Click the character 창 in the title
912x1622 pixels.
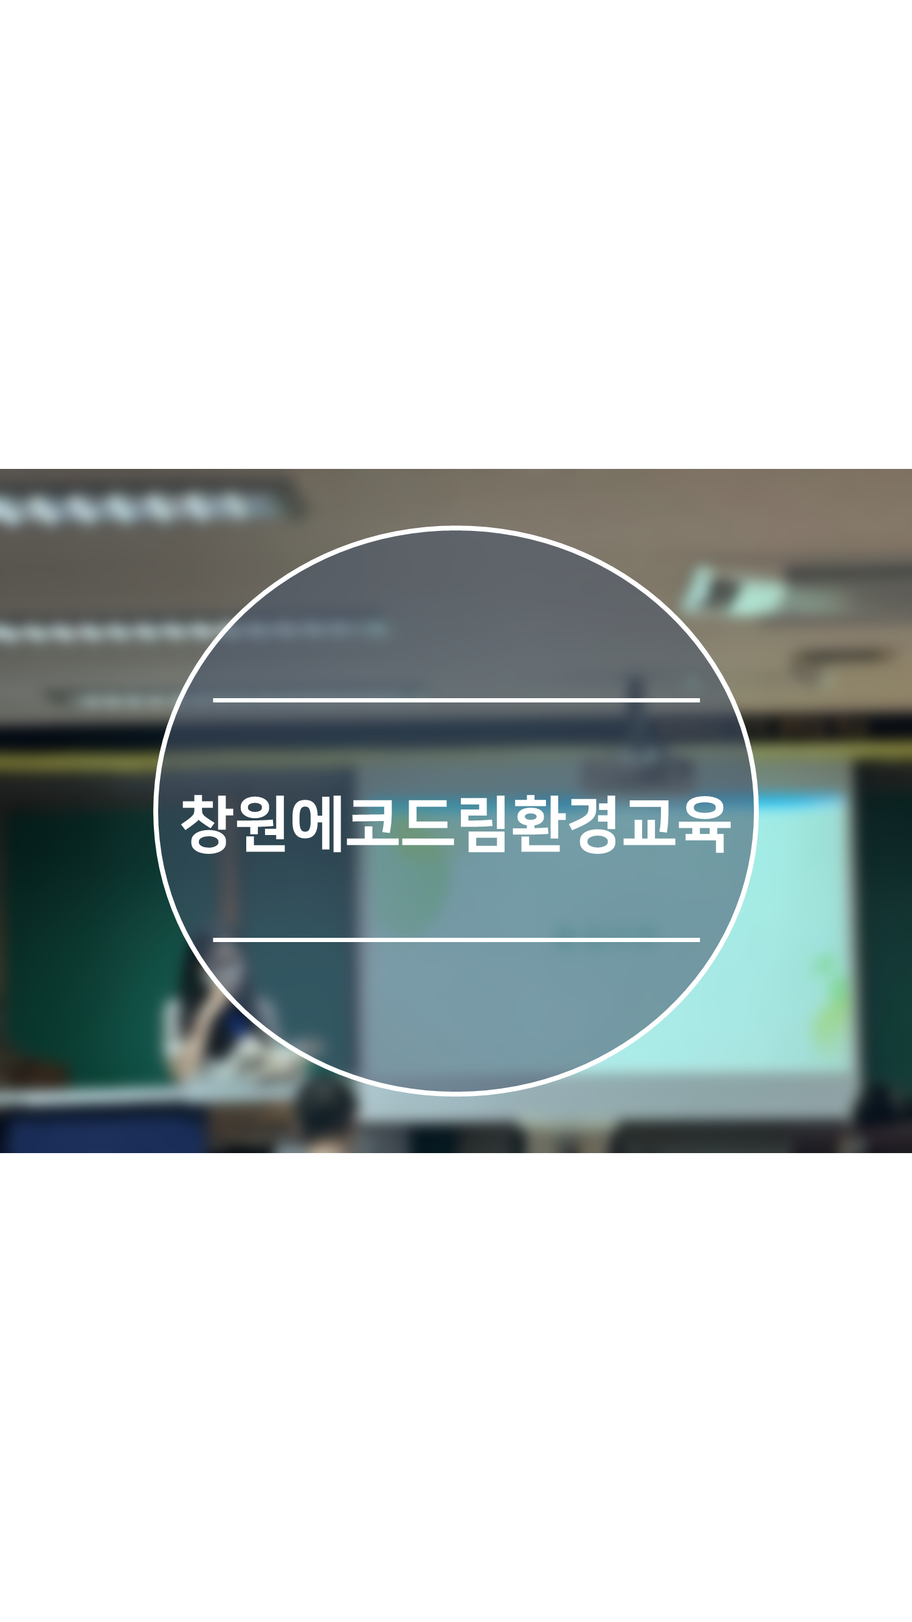tap(204, 823)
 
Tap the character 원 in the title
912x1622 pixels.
tap(260, 823)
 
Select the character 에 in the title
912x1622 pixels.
tap(317, 823)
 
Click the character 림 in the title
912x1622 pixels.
tap(483, 823)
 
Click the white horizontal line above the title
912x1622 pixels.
tap(457, 699)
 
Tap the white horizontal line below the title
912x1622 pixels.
tap(457, 940)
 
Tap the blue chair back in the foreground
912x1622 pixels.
tap(104, 1129)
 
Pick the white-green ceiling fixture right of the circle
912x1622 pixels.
tap(733, 592)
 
